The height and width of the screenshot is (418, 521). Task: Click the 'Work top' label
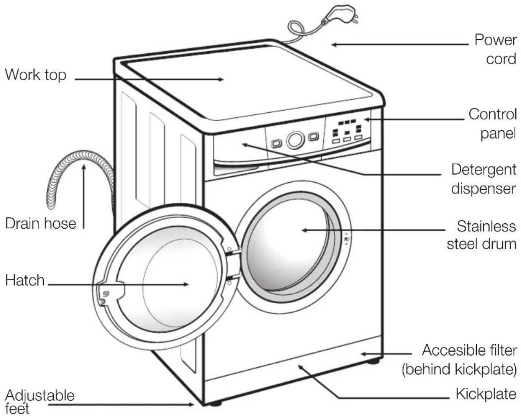click(x=35, y=75)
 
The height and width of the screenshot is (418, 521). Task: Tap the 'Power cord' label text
click(x=495, y=49)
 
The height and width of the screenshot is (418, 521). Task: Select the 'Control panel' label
click(x=492, y=124)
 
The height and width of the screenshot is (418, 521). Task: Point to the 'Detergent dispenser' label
click(x=483, y=179)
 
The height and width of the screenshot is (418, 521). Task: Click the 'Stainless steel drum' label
click(x=482, y=234)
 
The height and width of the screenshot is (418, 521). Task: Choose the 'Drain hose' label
click(x=41, y=223)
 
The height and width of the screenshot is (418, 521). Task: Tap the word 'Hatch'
click(x=25, y=280)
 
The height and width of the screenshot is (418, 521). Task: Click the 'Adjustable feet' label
click(x=39, y=402)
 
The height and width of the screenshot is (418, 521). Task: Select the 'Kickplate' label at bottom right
click(x=486, y=394)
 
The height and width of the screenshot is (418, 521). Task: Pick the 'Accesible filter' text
click(x=469, y=350)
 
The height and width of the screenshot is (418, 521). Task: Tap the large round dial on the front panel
click(x=295, y=140)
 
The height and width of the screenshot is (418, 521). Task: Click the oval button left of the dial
click(x=276, y=143)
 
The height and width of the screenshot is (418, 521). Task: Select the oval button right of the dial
click(x=313, y=136)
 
